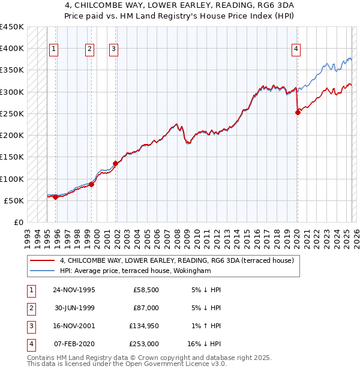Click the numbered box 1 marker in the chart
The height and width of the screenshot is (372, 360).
pos(54,49)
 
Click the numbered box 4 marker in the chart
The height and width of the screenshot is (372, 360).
pos(296,49)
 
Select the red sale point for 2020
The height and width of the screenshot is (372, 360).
pos(298,112)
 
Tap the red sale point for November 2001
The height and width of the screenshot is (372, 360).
pos(116,163)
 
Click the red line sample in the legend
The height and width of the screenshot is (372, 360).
pos(42,260)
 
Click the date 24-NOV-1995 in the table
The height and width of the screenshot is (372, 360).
pos(74,290)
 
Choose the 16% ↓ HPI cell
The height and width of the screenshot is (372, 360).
pos(204,344)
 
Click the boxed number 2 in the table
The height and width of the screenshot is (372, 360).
pos(30,308)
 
